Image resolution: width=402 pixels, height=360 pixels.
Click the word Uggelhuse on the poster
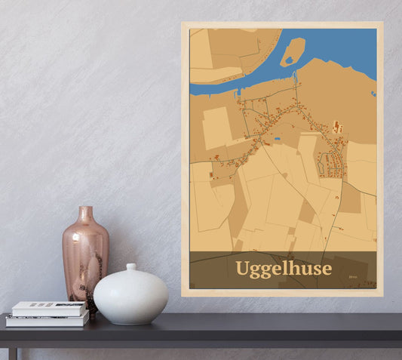click(283, 269)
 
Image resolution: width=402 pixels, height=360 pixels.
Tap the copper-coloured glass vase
click(85, 253)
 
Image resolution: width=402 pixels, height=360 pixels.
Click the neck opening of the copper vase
click(86, 209)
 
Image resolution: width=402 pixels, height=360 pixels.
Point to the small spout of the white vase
click(131, 267)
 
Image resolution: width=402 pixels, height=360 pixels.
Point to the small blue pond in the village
click(278, 140)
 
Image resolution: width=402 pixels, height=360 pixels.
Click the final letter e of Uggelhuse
click(326, 269)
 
